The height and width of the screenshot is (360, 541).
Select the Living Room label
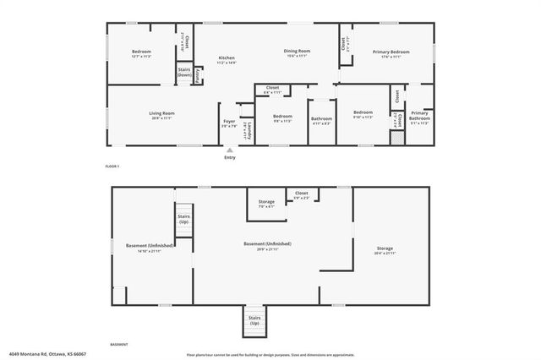(x=138, y=115)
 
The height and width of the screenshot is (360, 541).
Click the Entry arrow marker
(x=230, y=150)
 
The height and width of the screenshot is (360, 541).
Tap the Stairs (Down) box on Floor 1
(x=184, y=73)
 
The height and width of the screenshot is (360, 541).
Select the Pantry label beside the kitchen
(x=198, y=75)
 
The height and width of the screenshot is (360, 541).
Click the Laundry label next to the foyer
(x=244, y=128)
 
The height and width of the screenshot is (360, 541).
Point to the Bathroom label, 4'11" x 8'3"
(x=321, y=121)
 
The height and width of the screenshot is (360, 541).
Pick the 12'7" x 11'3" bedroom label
(x=141, y=54)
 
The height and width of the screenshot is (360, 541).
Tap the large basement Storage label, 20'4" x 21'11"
(x=385, y=251)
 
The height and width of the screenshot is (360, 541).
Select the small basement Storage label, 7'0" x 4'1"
(x=266, y=204)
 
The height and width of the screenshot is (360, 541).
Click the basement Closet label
(x=301, y=195)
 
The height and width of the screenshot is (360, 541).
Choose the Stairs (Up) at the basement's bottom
(x=254, y=321)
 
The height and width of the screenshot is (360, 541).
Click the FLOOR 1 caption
(x=112, y=166)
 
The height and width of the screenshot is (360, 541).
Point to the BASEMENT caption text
(x=119, y=345)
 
